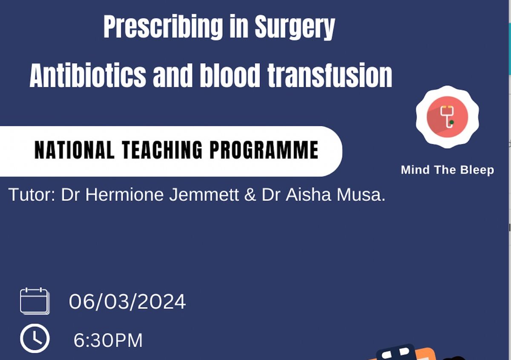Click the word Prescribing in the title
[163, 27]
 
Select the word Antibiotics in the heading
[88, 75]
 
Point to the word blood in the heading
[230, 75]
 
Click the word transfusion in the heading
[330, 75]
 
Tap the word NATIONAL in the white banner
[75, 150]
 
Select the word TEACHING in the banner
[162, 150]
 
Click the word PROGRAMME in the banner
[264, 150]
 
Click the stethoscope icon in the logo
[447, 117]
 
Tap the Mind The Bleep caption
[448, 170]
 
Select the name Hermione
[124, 194]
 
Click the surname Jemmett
[204, 194]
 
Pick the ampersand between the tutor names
[250, 194]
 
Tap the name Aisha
[308, 194]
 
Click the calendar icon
[34, 301]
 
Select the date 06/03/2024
[127, 302]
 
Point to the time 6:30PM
[108, 340]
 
